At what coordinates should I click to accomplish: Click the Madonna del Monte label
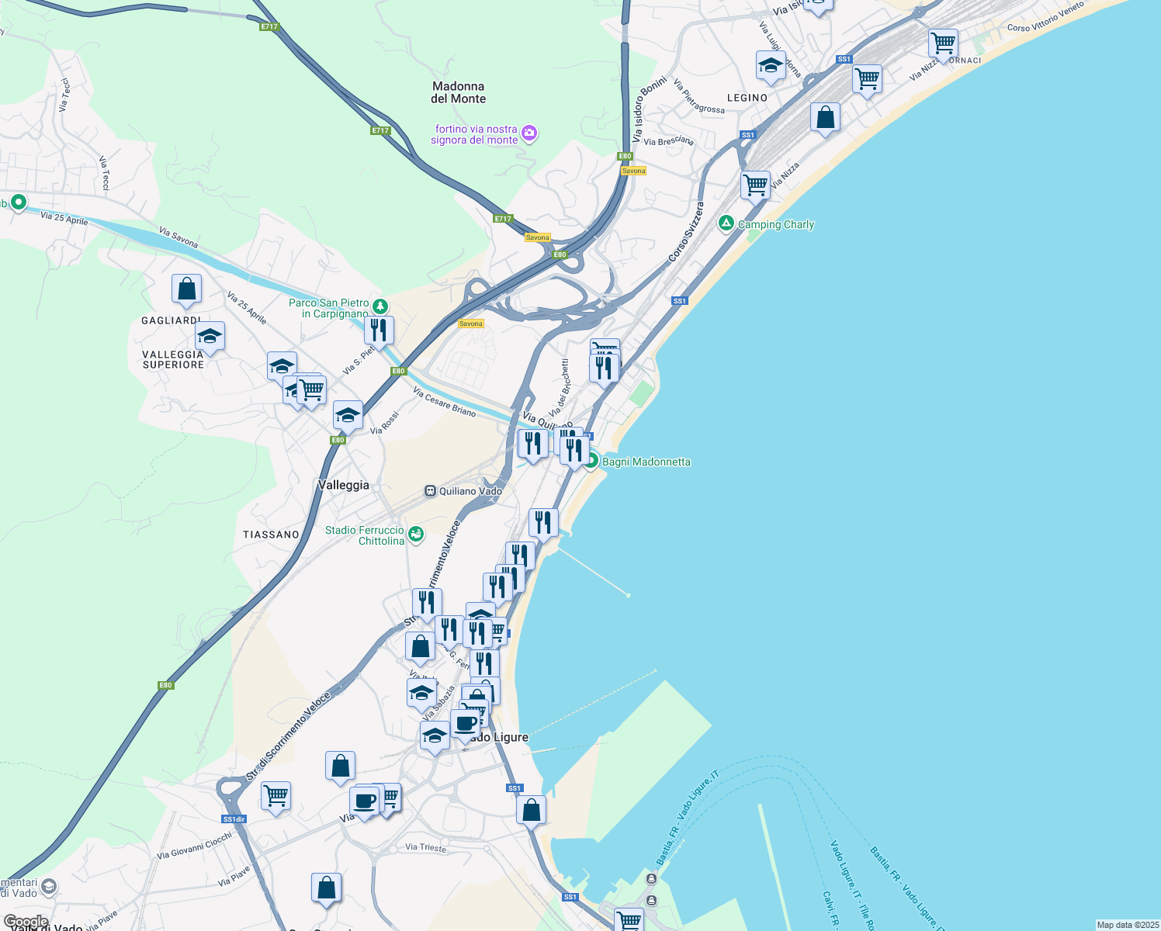pos(458,92)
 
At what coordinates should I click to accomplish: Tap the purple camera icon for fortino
pos(529,133)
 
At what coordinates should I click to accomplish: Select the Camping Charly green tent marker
pos(726,223)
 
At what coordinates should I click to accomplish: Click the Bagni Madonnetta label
pos(646,462)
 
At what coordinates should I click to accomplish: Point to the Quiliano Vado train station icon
pos(430,491)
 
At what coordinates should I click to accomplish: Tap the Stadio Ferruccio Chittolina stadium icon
pos(417,533)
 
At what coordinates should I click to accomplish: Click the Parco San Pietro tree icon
pos(379,306)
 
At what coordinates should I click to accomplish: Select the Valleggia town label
pos(343,485)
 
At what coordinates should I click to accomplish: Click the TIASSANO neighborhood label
pos(271,535)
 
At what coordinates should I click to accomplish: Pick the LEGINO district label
pos(747,98)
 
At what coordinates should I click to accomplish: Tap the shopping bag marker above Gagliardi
pos(186,289)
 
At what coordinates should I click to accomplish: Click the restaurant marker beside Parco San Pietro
pos(379,330)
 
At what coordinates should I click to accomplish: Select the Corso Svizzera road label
pos(686,230)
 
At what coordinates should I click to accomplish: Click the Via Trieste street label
pos(426,847)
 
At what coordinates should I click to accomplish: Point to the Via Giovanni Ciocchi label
pos(194,846)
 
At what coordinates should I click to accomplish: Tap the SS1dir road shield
pos(234,819)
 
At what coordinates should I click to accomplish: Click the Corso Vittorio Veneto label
pos(1045,17)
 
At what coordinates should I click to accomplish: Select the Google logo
pos(26,922)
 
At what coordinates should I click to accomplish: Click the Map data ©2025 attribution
pos(1127,925)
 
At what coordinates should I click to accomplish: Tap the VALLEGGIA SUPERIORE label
pos(173,359)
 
